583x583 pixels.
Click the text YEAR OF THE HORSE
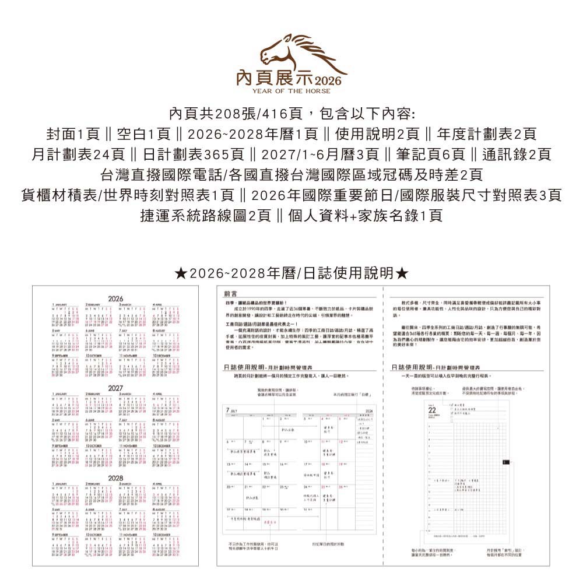(x=291, y=91)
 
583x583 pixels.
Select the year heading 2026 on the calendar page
(x=116, y=298)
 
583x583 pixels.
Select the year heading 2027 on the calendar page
(x=116, y=388)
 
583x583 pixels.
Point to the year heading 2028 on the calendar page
(x=116, y=478)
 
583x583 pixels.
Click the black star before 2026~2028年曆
(x=180, y=273)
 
